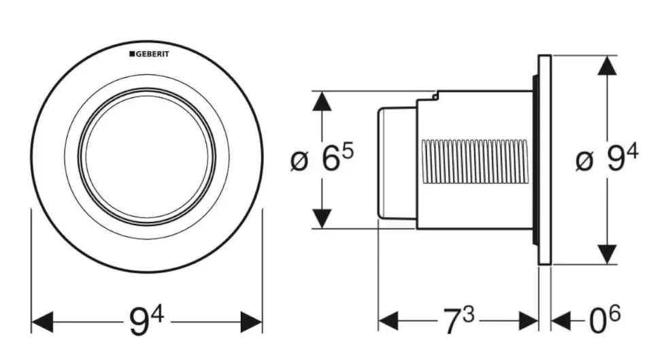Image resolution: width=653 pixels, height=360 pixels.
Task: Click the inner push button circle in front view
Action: (147, 157)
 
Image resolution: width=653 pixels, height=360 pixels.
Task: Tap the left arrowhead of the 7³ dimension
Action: (388, 321)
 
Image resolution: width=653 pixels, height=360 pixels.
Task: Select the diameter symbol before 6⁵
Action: (299, 162)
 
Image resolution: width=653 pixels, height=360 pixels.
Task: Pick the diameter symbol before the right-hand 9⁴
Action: (584, 162)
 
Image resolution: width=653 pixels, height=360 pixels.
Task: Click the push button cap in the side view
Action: (395, 162)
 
